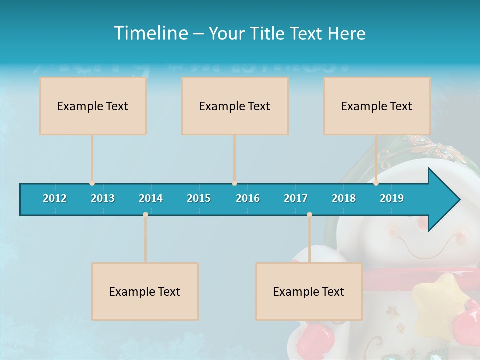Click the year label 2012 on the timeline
[x=55, y=198]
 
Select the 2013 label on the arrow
[x=103, y=198]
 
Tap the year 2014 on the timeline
[x=151, y=198]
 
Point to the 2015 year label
[x=199, y=198]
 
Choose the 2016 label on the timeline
[x=248, y=198]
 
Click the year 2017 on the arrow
[x=296, y=198]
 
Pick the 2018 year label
[x=344, y=198]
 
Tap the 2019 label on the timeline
[x=392, y=198]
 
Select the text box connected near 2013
[x=93, y=106]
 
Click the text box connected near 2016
[x=235, y=106]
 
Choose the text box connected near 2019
[x=377, y=106]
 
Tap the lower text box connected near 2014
[x=145, y=291]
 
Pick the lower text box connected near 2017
[x=309, y=291]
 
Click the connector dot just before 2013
[x=92, y=183]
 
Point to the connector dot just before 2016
[x=234, y=183]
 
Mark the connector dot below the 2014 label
[x=145, y=214]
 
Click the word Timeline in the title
[x=150, y=33]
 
